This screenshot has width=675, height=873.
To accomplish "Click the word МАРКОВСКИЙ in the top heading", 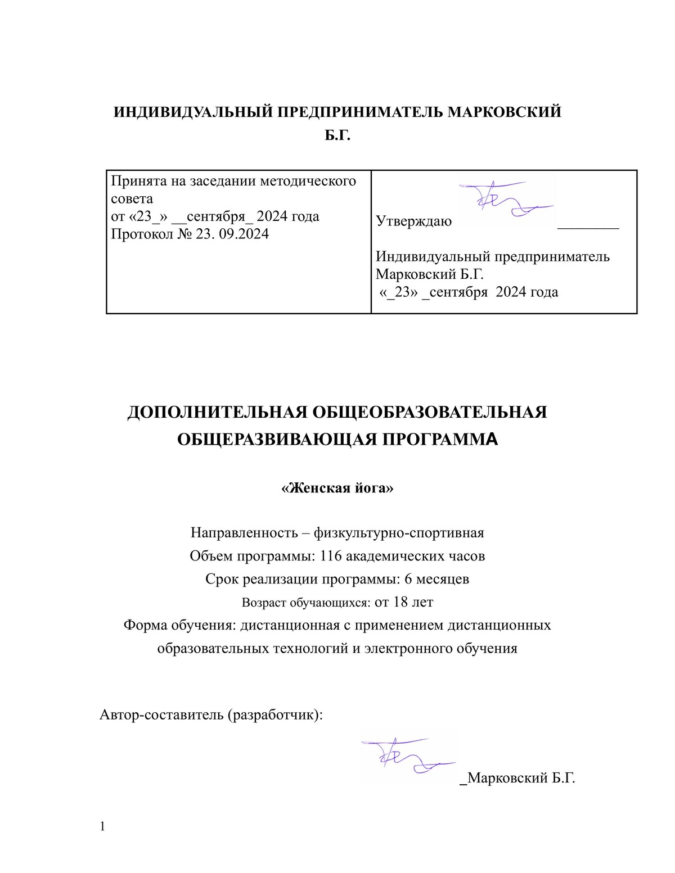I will coord(504,112).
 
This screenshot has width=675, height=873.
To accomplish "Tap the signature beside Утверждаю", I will coord(506,200).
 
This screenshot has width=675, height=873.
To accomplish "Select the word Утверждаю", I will coord(413,221).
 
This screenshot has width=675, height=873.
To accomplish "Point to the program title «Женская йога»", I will coord(337,488).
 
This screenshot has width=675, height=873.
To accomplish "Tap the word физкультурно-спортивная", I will coord(399,532).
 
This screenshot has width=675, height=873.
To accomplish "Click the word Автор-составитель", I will coord(161,714).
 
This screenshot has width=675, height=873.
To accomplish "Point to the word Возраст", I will coord(264,603).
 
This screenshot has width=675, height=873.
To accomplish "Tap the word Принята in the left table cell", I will coord(134,181).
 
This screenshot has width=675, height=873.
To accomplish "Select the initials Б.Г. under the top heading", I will coord(337,135).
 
